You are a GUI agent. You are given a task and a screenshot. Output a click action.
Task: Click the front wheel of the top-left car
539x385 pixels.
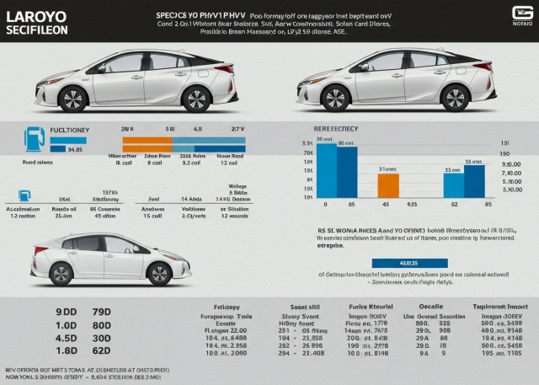pos(73,99)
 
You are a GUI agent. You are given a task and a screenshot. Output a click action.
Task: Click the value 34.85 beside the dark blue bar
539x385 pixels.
pos(74,149)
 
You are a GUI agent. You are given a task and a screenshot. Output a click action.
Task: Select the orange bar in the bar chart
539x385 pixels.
pos(387,184)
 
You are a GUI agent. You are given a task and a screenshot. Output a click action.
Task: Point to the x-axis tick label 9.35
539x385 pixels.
pos(413,203)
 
